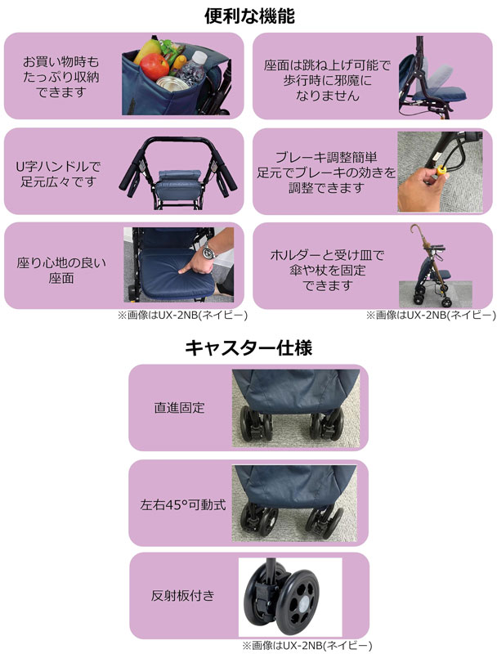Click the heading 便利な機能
(x=249, y=16)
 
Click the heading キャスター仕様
(x=248, y=347)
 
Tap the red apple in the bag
(x=154, y=66)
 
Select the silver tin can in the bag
(x=172, y=83)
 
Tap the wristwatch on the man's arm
(x=208, y=252)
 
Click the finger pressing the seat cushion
(x=185, y=268)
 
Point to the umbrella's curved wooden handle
(x=416, y=231)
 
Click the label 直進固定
(x=179, y=407)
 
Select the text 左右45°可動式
(x=183, y=504)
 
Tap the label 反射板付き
(x=182, y=595)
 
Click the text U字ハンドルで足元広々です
(x=58, y=174)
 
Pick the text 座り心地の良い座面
(x=60, y=271)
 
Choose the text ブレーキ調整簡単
(x=326, y=157)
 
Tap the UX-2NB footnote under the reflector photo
(x=307, y=646)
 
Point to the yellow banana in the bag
(x=147, y=49)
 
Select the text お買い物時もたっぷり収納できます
(x=60, y=77)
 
